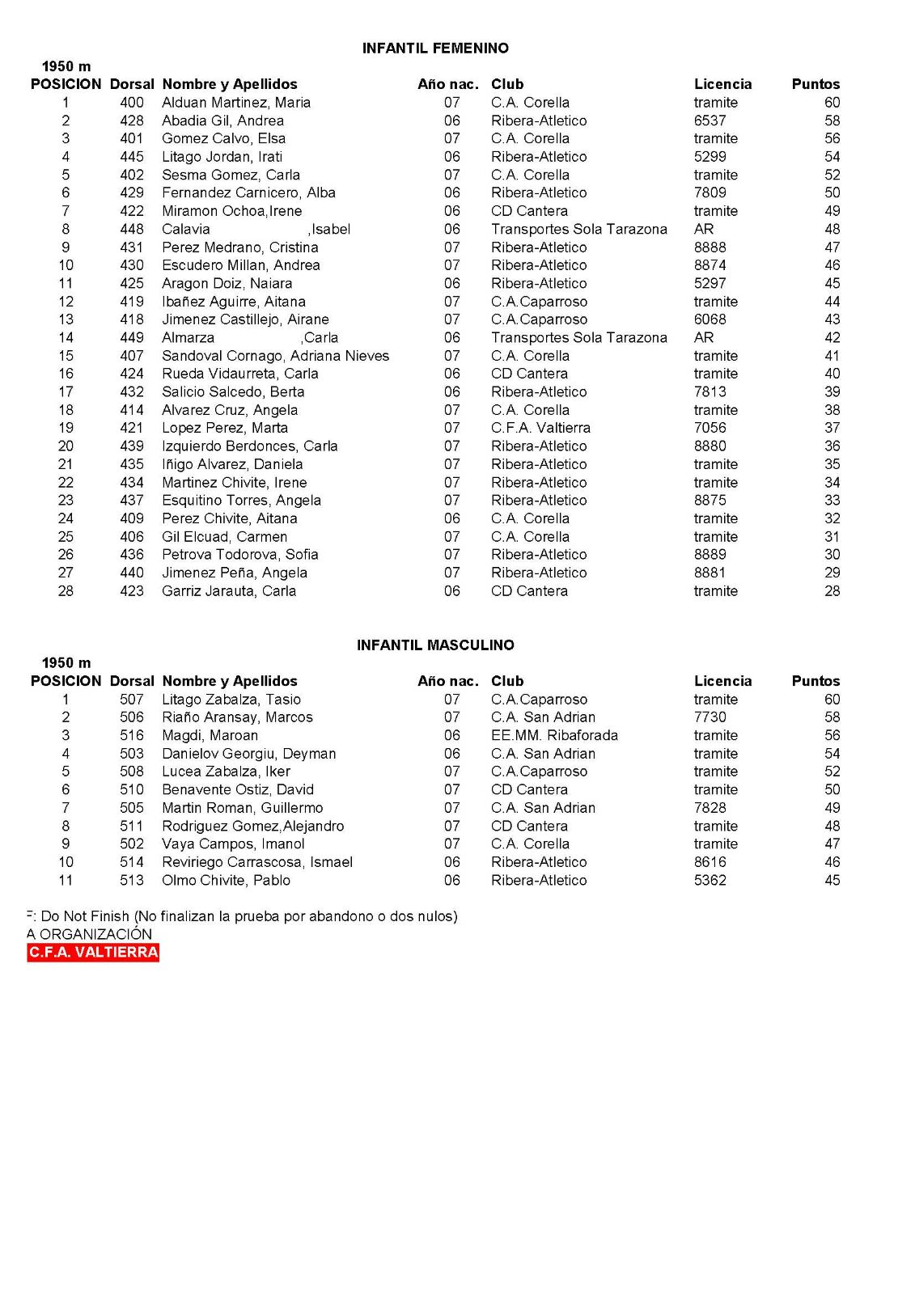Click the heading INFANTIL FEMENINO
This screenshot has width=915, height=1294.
click(435, 49)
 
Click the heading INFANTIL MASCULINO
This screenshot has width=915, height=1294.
click(435, 645)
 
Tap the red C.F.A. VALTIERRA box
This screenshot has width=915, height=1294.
click(93, 953)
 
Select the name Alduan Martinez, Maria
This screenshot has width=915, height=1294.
click(235, 103)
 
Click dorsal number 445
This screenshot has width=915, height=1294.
click(132, 157)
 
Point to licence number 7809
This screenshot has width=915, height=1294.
click(710, 192)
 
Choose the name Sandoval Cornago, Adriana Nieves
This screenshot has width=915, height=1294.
click(275, 356)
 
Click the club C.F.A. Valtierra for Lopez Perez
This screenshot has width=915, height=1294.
click(540, 428)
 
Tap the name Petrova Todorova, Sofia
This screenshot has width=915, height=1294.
click(239, 555)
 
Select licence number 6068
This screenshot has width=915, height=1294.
click(710, 319)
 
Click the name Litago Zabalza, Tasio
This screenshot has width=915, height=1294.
click(231, 700)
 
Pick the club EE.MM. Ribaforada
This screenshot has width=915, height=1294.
click(554, 735)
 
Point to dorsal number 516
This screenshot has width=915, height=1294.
click(132, 735)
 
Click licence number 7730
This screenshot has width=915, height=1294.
click(710, 717)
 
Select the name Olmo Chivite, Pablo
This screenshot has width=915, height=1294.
click(226, 880)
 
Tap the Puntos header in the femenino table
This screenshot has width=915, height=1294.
click(815, 84)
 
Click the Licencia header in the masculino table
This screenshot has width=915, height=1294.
click(722, 681)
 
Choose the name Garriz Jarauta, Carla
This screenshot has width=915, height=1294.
click(229, 591)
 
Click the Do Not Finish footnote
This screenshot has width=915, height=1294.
click(243, 916)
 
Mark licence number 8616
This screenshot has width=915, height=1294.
click(710, 862)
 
